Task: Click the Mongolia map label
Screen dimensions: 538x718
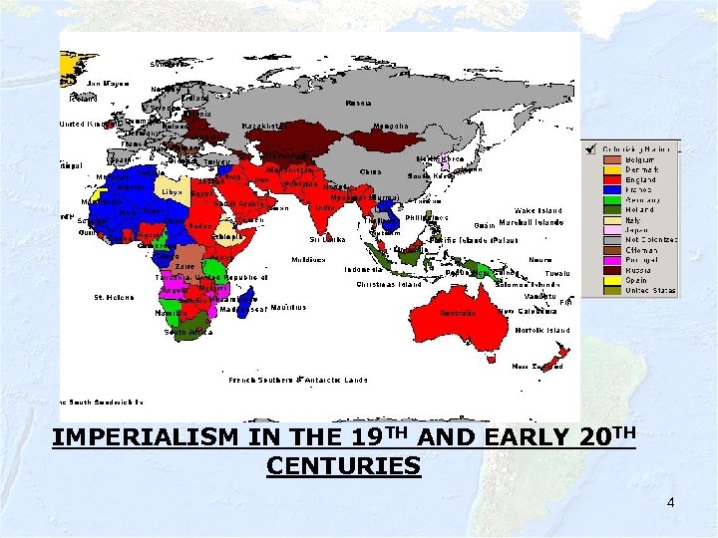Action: (x=390, y=127)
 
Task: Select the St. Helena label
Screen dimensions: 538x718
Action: (x=113, y=297)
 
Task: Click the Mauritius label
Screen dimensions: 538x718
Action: (x=287, y=308)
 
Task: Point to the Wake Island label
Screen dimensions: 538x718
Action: (x=538, y=211)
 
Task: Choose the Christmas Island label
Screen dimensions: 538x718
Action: (x=389, y=284)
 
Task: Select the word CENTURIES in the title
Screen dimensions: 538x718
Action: (x=344, y=466)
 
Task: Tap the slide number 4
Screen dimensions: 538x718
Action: (x=671, y=502)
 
